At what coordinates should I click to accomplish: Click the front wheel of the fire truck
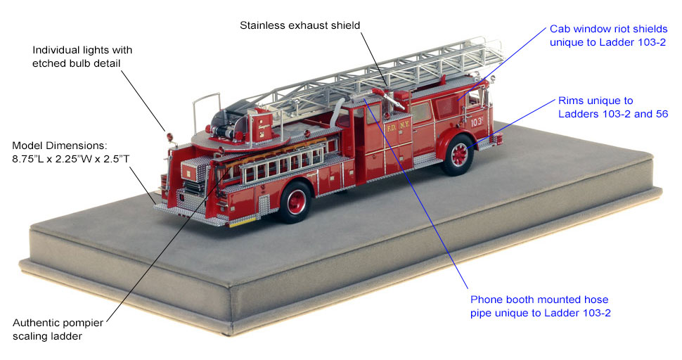tap(458, 155)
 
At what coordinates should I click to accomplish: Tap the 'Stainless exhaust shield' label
tap(300, 25)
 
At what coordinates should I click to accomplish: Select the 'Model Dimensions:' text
tap(59, 146)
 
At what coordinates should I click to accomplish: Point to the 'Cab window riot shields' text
tap(608, 29)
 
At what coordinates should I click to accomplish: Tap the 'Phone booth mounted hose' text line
tap(539, 300)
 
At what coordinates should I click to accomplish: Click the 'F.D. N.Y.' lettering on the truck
tap(398, 126)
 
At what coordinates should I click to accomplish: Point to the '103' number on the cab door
tap(477, 122)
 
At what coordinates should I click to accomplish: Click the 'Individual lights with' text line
tap(82, 50)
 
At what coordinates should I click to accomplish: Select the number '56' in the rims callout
tap(662, 114)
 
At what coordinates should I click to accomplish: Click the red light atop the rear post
tap(169, 137)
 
